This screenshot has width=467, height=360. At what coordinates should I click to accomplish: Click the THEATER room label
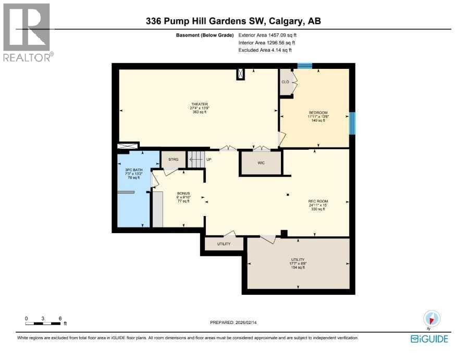point(199,104)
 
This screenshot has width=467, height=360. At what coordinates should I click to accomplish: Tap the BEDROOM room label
point(317,113)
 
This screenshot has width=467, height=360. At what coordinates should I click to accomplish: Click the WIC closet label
point(261,163)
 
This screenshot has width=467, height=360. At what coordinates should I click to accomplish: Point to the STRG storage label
point(173,160)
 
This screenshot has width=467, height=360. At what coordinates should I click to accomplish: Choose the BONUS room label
point(182,193)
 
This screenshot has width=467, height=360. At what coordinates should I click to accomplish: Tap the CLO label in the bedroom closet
point(285,82)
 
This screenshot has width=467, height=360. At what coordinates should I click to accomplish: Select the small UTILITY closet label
point(224,244)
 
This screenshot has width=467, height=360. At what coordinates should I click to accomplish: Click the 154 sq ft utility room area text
point(298,267)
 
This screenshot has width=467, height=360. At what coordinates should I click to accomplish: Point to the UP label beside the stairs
point(208,159)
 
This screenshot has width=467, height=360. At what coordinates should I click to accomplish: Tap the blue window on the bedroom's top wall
point(304,66)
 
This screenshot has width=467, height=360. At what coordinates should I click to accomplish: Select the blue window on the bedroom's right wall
point(352,123)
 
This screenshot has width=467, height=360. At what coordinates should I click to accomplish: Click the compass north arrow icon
point(432,318)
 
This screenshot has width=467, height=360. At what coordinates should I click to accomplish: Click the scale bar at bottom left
point(44,323)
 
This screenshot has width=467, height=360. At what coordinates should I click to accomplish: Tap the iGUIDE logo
point(429,339)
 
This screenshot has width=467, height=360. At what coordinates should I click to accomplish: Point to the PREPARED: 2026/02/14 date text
point(233,322)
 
